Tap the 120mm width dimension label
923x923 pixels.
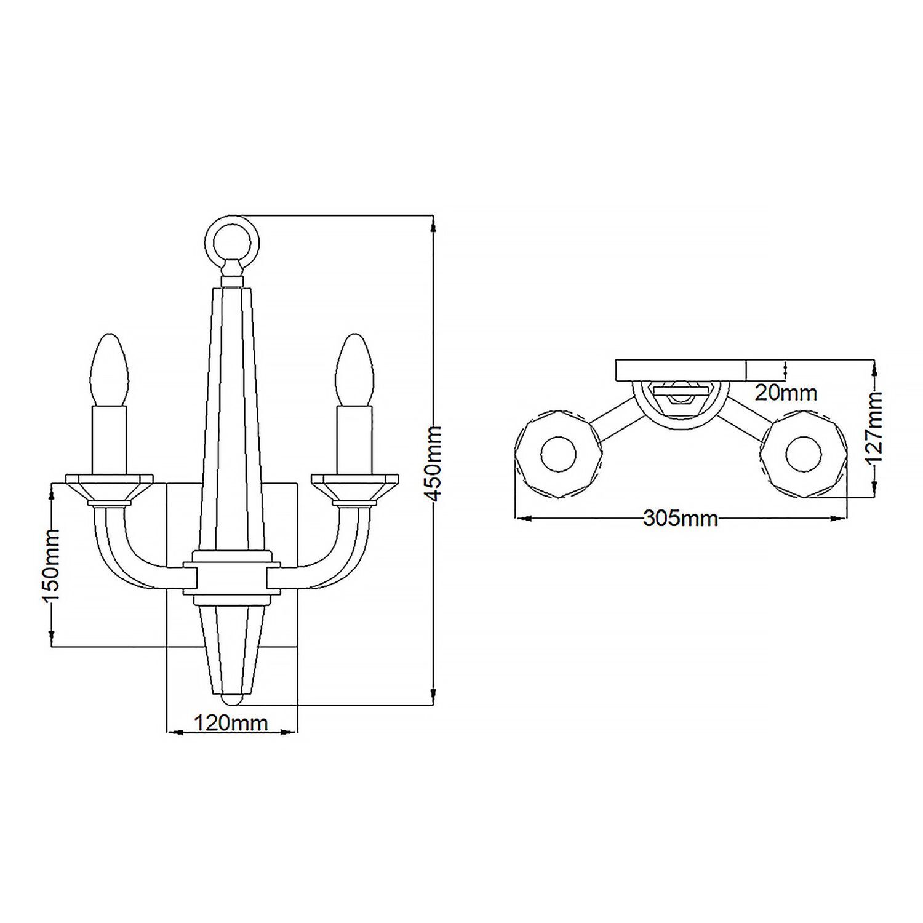point(231,722)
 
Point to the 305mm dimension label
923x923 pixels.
point(681,519)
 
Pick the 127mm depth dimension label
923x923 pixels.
point(874,427)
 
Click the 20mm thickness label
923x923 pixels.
point(786,392)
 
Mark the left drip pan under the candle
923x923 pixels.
point(110,489)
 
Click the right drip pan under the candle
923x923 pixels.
point(354,489)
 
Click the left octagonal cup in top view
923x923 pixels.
point(559,455)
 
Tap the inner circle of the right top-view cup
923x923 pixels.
point(804,455)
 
